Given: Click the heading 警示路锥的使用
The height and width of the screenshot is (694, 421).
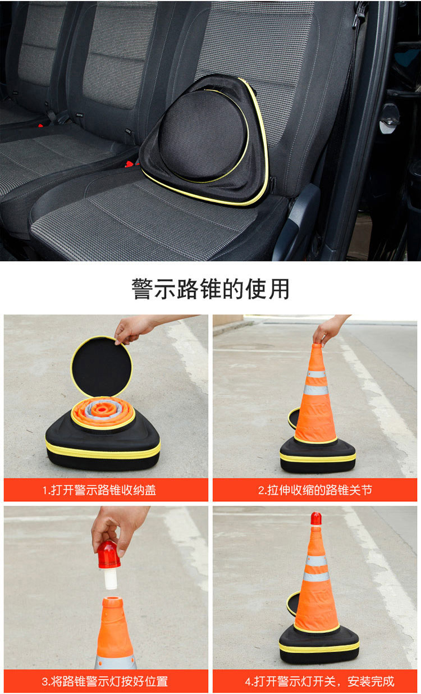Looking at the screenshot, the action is coord(210,289).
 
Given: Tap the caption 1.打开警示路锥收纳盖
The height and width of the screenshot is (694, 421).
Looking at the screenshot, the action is coord(99,490).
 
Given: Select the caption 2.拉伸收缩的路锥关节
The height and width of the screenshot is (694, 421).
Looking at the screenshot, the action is coord(315,490).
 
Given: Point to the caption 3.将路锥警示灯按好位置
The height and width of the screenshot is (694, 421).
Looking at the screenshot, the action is coord(105,681).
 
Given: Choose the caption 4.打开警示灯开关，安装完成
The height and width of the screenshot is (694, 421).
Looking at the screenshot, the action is coord(319,681).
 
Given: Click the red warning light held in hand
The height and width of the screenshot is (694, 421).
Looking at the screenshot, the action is coord(109,556).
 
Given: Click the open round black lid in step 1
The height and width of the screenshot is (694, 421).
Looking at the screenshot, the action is coord(101,367).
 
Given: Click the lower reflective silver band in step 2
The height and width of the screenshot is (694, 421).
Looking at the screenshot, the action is coord(315,390).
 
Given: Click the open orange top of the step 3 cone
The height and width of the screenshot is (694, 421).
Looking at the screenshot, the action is coord(113,602).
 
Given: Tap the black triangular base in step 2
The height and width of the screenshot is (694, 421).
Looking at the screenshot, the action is coord(318,454).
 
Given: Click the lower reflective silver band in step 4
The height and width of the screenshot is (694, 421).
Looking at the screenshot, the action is coord(316,577).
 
